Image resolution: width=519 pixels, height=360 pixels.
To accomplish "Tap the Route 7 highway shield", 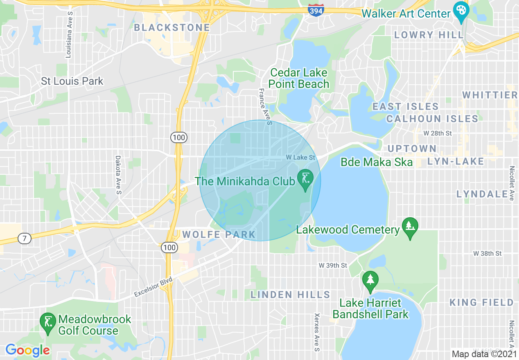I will (25, 239).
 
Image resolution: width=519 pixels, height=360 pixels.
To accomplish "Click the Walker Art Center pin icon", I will (461, 12).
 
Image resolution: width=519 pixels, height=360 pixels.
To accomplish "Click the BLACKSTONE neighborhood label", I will (172, 28).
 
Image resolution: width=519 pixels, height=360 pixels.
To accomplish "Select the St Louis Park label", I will (72, 81).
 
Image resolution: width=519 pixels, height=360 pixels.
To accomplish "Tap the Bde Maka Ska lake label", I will (377, 162).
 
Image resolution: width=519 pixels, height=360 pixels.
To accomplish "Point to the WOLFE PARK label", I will (219, 235).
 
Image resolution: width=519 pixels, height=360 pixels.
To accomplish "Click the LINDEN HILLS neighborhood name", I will (290, 295).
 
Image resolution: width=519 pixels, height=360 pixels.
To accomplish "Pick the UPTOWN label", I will (412, 148).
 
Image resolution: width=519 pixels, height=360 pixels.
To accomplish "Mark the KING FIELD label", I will (481, 302).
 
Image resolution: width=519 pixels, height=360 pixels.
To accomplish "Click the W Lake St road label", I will (300, 157).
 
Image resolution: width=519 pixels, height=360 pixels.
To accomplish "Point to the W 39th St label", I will (333, 265).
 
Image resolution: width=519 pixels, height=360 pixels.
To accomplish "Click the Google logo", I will (27, 351).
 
